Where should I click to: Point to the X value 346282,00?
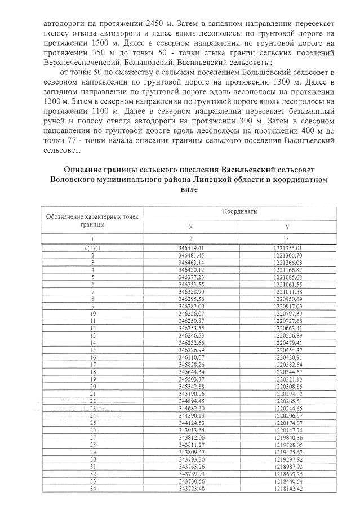(x=190, y=306)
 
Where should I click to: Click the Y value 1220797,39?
(x=287, y=313)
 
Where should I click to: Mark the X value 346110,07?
(x=190, y=357)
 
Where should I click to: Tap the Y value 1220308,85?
(x=287, y=387)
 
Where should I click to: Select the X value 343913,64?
(x=190, y=430)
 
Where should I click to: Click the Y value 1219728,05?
(x=287, y=445)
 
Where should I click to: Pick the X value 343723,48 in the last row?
(x=190, y=489)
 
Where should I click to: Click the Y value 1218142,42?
(x=287, y=489)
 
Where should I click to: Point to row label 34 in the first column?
(x=92, y=489)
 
